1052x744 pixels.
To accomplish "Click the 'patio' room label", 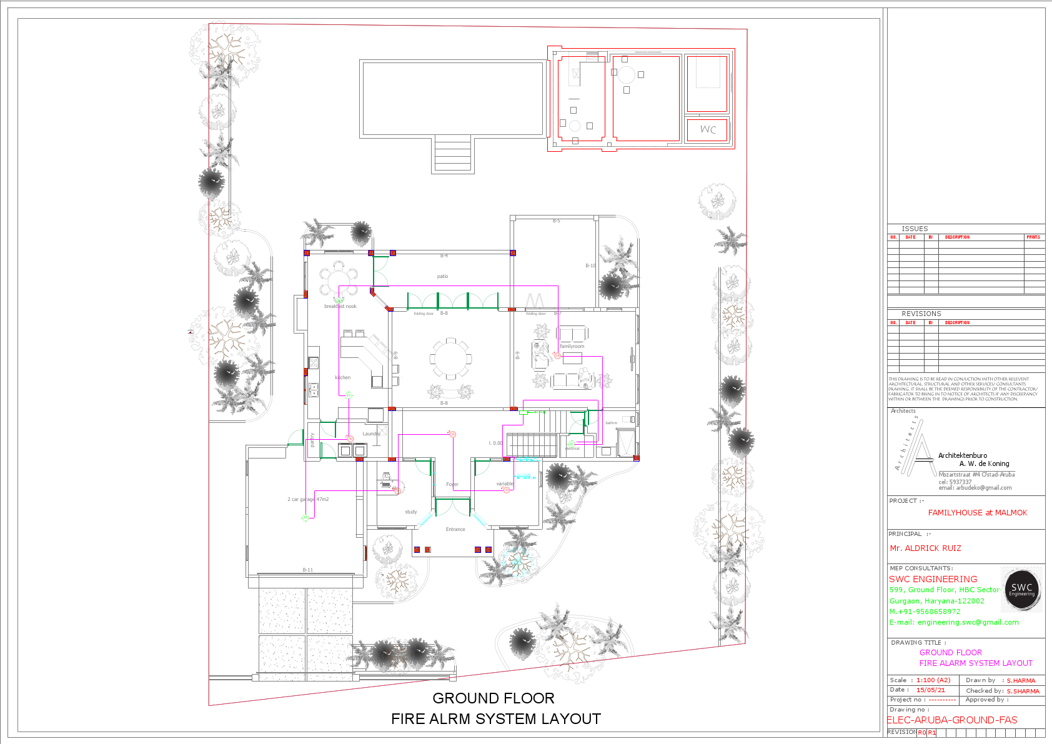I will click(442, 276).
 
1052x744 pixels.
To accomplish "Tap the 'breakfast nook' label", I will click(340, 306).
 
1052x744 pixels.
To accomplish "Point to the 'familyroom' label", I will click(572, 346).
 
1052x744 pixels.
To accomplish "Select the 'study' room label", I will click(410, 512).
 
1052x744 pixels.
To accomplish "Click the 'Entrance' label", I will click(455, 529).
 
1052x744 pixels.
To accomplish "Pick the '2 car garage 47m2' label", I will click(308, 499).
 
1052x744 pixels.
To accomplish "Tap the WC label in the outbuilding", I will click(708, 129).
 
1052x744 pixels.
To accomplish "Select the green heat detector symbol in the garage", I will click(305, 517).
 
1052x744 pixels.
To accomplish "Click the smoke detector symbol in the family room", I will click(557, 355).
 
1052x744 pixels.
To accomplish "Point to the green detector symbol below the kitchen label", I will click(349, 395).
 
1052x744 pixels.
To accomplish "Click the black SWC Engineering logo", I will click(1021, 588).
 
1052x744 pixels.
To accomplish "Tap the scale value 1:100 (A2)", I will click(933, 680).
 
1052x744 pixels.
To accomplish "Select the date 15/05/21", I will click(930, 690).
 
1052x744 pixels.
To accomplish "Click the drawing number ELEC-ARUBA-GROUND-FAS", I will click(952, 720).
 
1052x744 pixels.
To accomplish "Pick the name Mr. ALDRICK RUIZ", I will click(925, 548).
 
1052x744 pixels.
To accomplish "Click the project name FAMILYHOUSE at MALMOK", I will click(977, 512).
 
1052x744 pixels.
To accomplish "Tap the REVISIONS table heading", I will click(921, 314).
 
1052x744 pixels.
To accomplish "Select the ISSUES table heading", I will click(915, 229).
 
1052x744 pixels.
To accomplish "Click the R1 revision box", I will click(931, 732).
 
